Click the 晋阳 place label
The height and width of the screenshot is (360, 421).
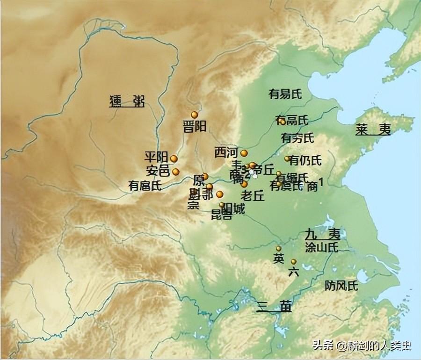[x=195, y=127]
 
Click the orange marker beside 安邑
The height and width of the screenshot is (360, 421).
[x=175, y=172]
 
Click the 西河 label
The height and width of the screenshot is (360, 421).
[x=226, y=152]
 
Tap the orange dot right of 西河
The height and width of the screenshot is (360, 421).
[x=244, y=153]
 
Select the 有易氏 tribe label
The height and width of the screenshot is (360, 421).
[x=285, y=94]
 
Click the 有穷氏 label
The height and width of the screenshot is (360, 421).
[x=298, y=138]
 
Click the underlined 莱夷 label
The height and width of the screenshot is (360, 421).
[x=372, y=130]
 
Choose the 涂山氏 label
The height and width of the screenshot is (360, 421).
[x=321, y=245]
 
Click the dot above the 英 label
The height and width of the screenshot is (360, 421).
[x=278, y=249]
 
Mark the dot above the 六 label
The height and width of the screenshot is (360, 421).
[x=293, y=262]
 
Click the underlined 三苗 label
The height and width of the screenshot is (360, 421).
[x=274, y=307]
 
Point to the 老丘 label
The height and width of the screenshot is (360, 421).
[x=253, y=195]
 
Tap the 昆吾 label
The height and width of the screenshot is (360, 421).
[x=221, y=215]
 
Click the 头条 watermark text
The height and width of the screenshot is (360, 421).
[x=322, y=346]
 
